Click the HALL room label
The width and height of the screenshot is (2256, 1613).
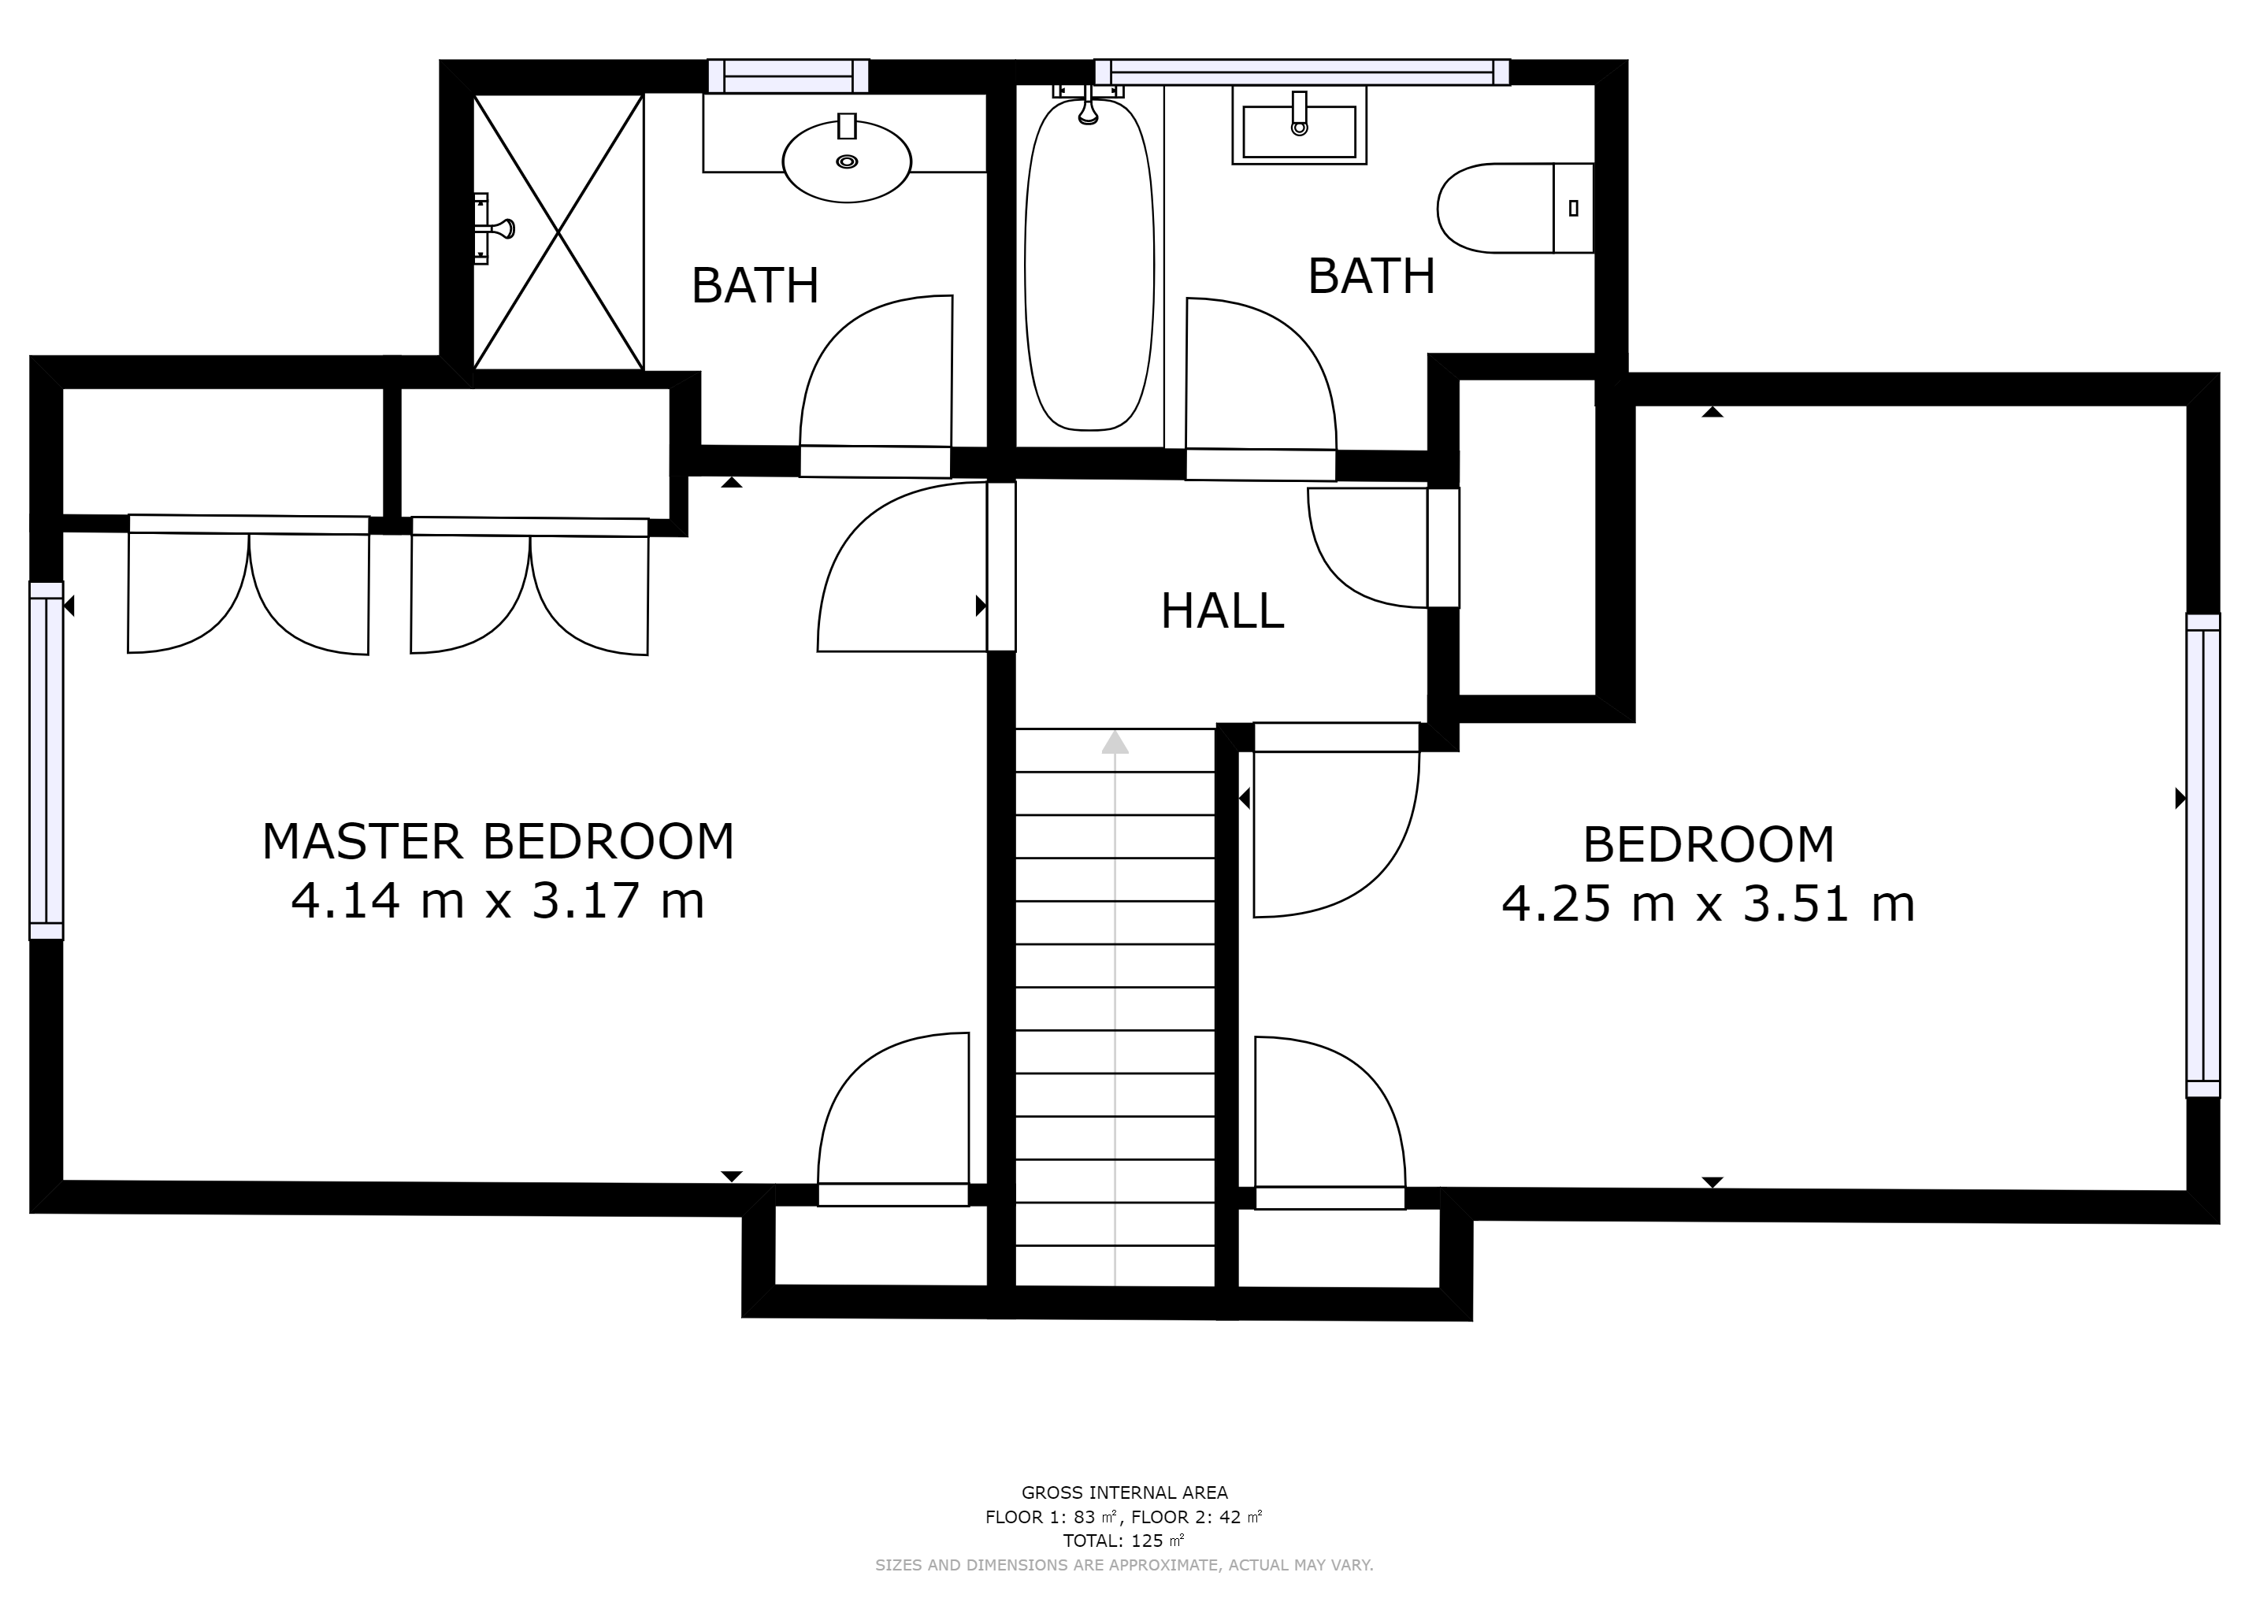(x=1222, y=611)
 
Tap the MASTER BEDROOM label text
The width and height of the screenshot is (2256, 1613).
(x=498, y=841)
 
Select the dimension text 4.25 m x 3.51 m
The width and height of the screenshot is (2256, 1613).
(x=1708, y=904)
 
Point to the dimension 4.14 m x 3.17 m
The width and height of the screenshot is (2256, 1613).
(x=498, y=901)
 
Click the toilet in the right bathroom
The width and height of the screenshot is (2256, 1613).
(x=1515, y=209)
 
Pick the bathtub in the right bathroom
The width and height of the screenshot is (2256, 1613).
(x=1089, y=264)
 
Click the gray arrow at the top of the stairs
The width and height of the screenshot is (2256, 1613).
(x=1115, y=743)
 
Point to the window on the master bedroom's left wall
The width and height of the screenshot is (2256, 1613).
(x=46, y=761)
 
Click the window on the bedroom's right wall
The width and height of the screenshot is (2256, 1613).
(x=2202, y=855)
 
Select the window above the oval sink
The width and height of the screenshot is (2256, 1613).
(x=788, y=76)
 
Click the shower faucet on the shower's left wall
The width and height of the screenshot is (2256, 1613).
(x=494, y=228)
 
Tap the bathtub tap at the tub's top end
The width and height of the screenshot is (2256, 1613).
(x=1088, y=103)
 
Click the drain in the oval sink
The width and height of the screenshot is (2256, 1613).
(x=846, y=161)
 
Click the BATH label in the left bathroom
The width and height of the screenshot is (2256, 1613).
(x=755, y=286)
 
